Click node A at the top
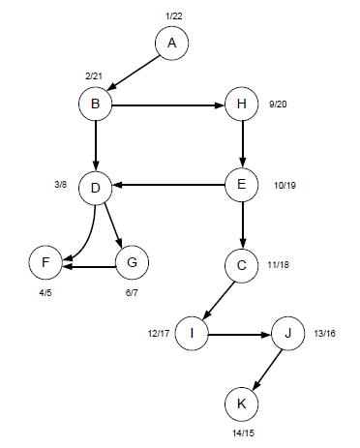[x=172, y=43]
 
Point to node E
[x=241, y=184]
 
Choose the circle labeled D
[x=96, y=187]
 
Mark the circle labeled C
[x=241, y=263]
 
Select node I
[x=193, y=333]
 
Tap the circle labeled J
[x=287, y=333]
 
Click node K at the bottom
[x=241, y=401]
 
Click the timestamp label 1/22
[x=174, y=15]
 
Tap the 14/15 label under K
[x=245, y=434]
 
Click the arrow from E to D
[x=168, y=185]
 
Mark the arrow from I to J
[x=240, y=333]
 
